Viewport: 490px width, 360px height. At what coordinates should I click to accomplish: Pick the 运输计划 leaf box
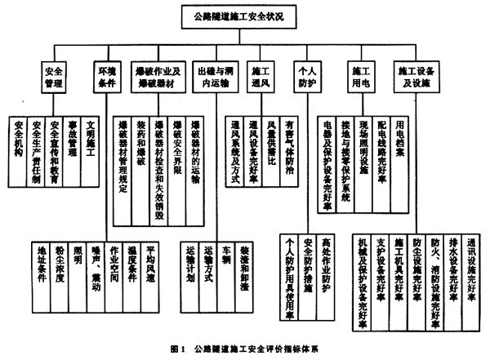pyautogui.click(x=190, y=260)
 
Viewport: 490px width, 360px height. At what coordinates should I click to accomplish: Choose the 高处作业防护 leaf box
pyautogui.click(x=328, y=260)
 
